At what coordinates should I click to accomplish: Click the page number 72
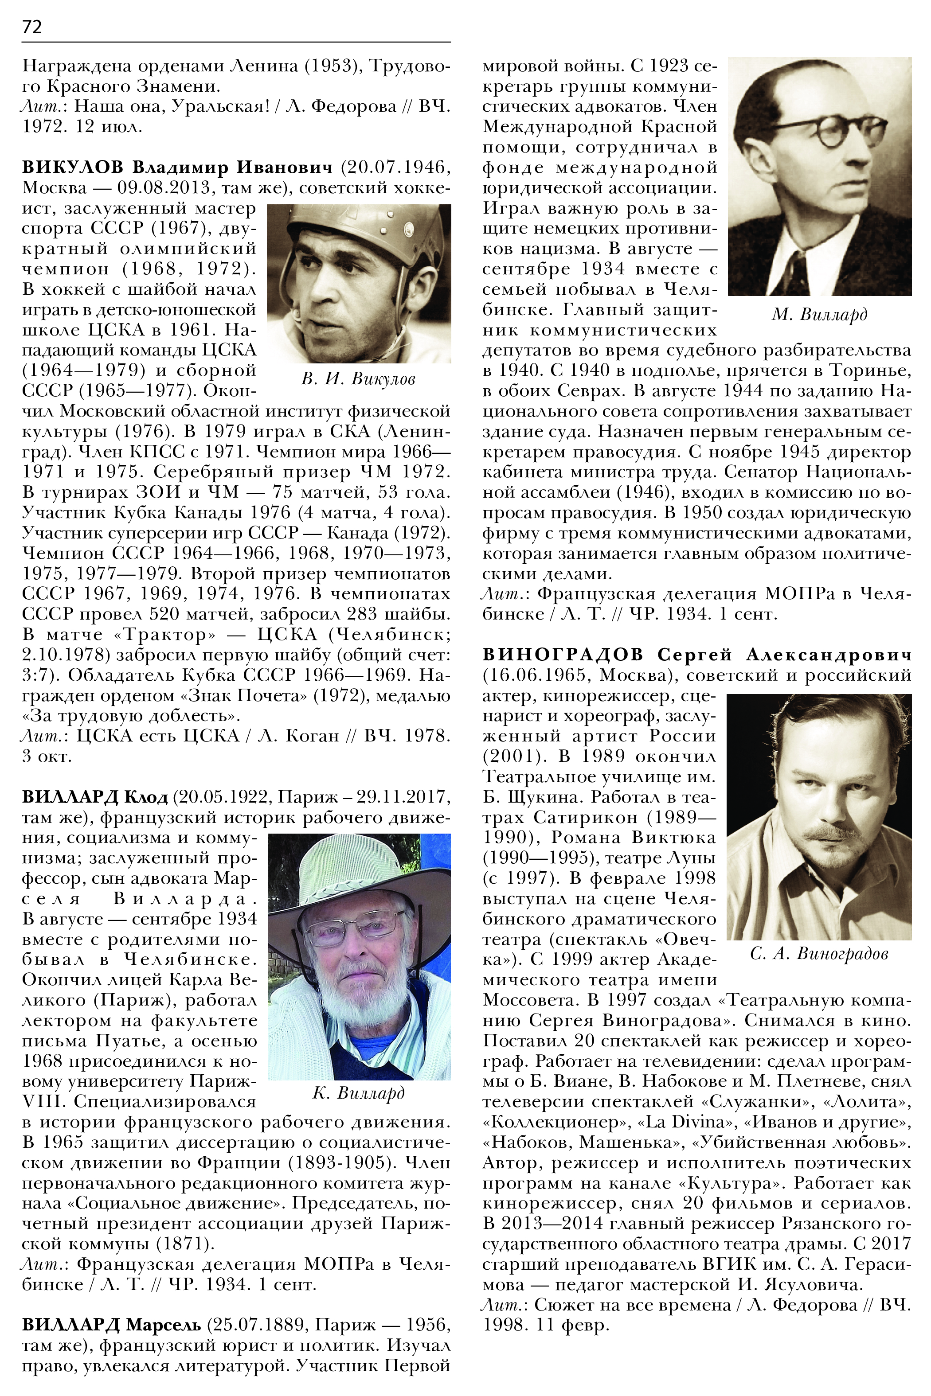point(32,27)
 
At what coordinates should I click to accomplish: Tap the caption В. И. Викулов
point(358,378)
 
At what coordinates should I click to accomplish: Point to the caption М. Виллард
point(819,315)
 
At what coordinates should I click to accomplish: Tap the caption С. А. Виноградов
point(819,954)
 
